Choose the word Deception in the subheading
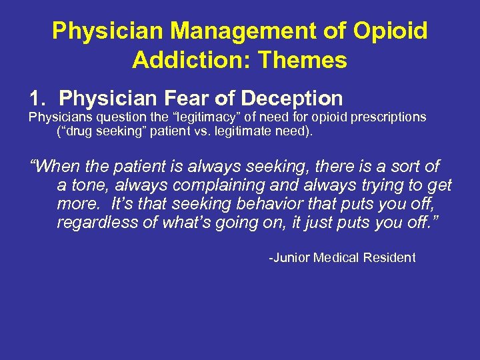click(291, 99)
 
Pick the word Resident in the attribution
click(389, 257)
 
